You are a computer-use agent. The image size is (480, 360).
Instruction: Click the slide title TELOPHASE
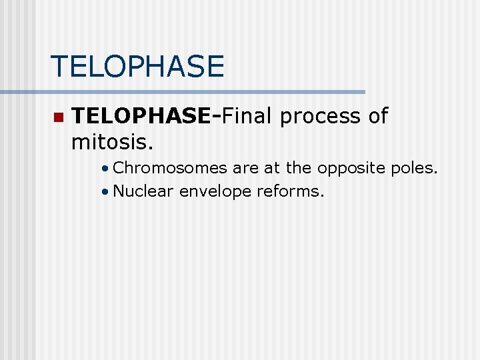point(137,67)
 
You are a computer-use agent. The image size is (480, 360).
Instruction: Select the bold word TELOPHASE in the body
point(141,117)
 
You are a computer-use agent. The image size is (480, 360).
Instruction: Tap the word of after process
point(378,117)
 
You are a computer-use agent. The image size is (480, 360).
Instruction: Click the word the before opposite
point(298,169)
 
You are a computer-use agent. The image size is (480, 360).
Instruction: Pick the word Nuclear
point(143,192)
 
